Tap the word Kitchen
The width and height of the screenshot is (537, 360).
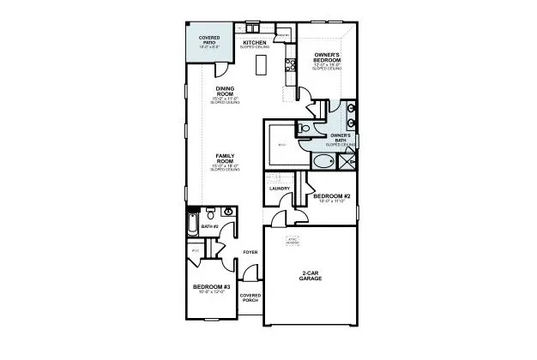(255, 42)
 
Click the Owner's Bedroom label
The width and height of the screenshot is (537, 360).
(328, 57)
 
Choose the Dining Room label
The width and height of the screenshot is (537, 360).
(225, 91)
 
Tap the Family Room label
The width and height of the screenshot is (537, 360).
(225, 160)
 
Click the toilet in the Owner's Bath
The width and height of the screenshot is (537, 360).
(306, 129)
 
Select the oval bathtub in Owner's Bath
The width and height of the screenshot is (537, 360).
(319, 161)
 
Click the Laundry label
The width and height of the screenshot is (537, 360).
(280, 189)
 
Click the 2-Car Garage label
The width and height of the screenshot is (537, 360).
(311, 277)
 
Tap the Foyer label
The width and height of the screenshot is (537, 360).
(250, 252)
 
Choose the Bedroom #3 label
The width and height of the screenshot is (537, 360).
(209, 286)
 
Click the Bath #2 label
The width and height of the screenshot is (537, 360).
(210, 226)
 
